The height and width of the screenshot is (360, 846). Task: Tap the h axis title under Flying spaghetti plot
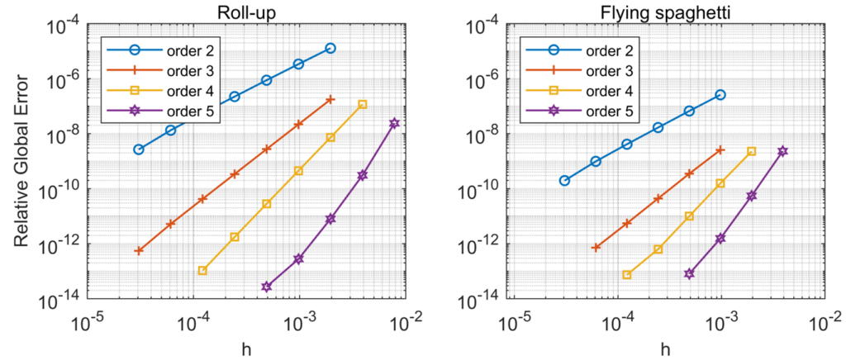(666, 349)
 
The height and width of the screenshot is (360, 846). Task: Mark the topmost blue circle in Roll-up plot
(330, 49)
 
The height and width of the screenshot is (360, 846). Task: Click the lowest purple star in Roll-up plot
(266, 287)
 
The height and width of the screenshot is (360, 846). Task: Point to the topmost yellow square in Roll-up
(363, 104)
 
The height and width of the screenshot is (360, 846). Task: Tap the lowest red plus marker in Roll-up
(139, 250)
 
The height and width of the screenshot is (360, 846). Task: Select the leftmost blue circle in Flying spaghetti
(564, 180)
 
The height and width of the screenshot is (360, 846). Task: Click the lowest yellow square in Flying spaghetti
(627, 275)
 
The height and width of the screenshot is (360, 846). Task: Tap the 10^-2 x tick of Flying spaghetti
(827, 319)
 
